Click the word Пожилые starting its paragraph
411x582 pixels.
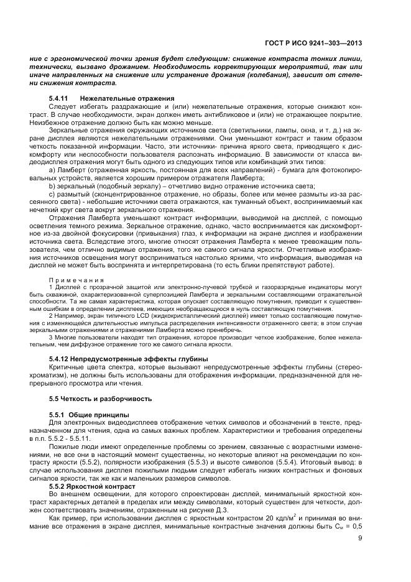coord(63,447)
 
